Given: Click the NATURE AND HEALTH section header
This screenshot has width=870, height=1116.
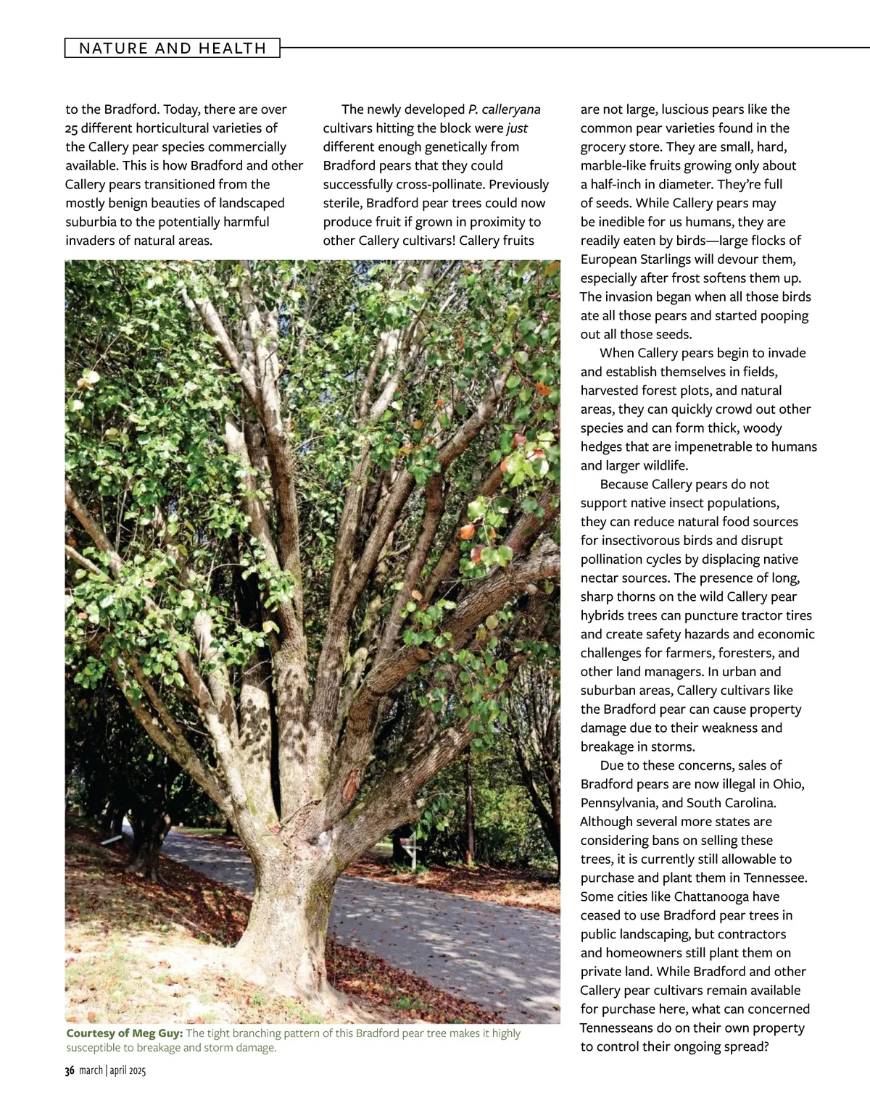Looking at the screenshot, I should (x=173, y=49).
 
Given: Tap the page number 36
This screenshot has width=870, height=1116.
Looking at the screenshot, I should (x=70, y=1071).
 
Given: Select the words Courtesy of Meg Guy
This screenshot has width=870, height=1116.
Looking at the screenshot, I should (x=124, y=1033).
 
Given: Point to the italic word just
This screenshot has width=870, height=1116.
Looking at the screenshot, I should (x=518, y=128).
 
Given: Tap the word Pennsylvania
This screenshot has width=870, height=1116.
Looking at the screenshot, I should (x=618, y=803).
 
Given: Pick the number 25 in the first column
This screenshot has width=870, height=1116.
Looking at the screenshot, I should (x=72, y=128).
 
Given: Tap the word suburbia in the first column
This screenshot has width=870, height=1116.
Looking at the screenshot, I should (x=91, y=222).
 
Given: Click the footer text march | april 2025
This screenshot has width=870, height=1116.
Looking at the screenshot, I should (x=112, y=1071).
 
